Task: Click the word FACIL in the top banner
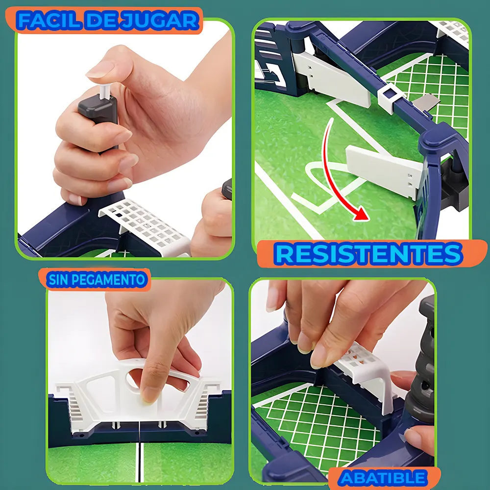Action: (x=49, y=21)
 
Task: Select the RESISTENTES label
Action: (x=369, y=254)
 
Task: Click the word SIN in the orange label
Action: (x=58, y=280)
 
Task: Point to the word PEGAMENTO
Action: (x=109, y=280)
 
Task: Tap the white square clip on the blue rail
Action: (x=389, y=97)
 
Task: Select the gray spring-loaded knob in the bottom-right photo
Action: (x=421, y=359)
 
